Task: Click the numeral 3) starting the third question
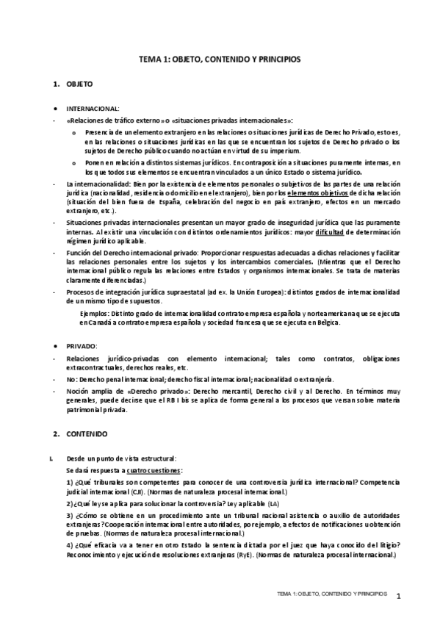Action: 69,516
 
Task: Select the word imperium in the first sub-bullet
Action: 285,149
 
